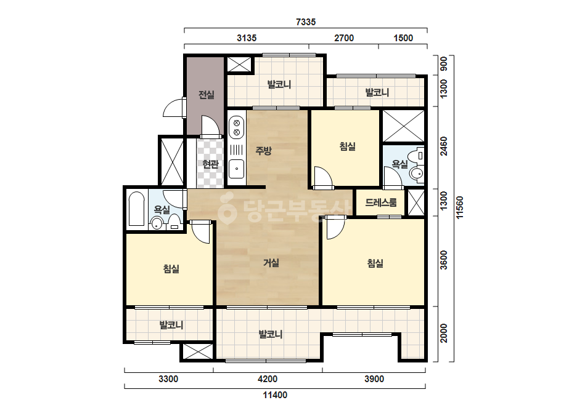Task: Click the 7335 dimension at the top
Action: [x=306, y=22]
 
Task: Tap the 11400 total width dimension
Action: [x=275, y=395]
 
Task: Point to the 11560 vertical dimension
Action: [x=460, y=207]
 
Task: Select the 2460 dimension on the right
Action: [x=443, y=146]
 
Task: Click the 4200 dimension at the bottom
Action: [x=268, y=379]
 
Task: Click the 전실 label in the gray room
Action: [x=206, y=95]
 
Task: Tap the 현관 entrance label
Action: [x=210, y=164]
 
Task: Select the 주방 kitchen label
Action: [x=263, y=150]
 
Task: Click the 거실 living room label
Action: [x=271, y=262]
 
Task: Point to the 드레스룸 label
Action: [x=380, y=202]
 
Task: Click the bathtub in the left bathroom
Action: [x=136, y=209]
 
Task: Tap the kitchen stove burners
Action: [x=237, y=127]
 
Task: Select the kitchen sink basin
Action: [x=237, y=169]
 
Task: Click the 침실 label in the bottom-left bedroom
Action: [x=171, y=268]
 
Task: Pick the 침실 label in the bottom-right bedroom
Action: [x=375, y=263]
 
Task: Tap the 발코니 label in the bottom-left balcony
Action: [x=171, y=325]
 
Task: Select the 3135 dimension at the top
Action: [x=247, y=38]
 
